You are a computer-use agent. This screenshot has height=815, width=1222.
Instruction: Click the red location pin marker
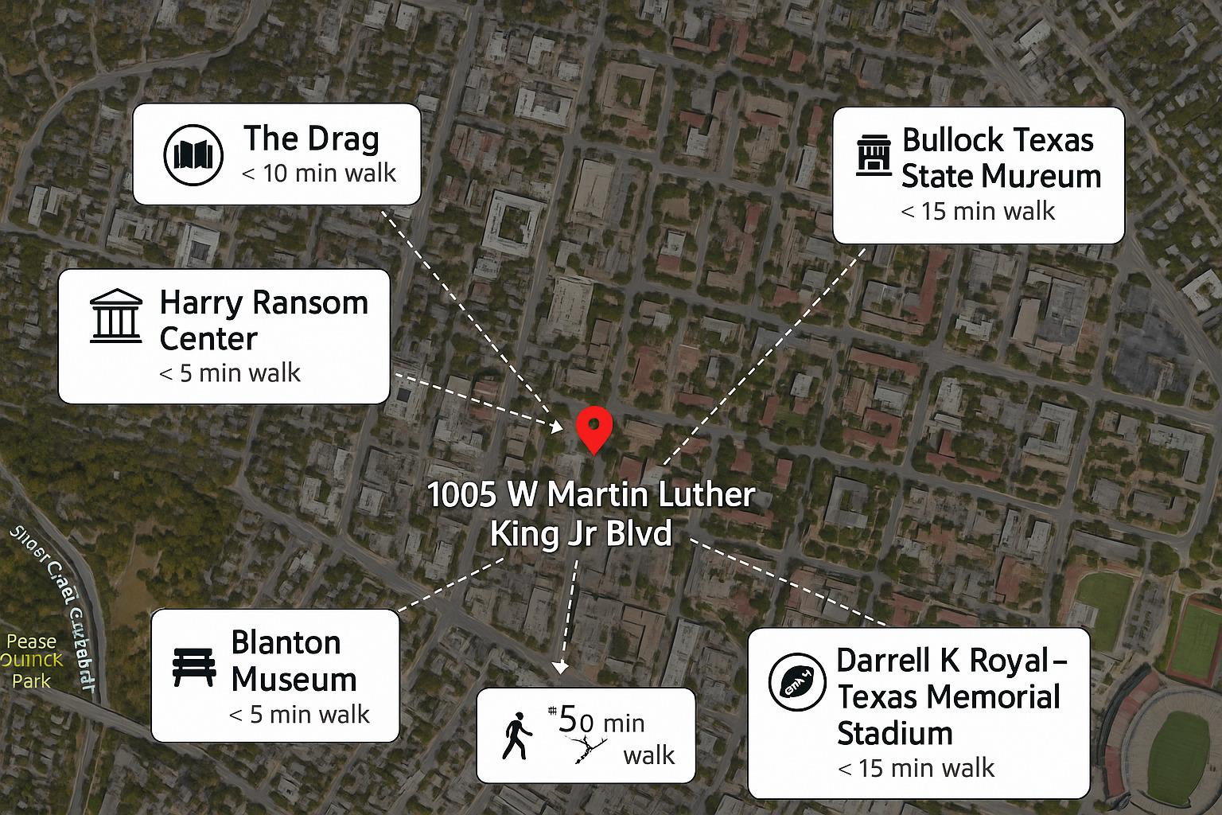593,428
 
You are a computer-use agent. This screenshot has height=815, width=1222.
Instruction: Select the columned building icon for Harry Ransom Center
116,316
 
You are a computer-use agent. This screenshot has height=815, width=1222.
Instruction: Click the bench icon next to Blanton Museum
194,667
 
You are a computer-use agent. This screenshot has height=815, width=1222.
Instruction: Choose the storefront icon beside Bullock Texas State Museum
874,155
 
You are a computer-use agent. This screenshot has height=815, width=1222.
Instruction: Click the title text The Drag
311,138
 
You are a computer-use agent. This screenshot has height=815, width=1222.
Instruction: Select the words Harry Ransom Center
263,320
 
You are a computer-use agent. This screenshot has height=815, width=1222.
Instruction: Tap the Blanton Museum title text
293,661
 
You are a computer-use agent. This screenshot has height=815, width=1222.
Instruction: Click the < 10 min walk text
318,173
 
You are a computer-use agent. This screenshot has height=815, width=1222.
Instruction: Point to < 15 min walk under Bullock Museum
978,211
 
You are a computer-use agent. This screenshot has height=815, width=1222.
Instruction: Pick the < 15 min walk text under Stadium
916,768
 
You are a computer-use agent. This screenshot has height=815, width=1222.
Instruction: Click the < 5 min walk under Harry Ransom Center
230,372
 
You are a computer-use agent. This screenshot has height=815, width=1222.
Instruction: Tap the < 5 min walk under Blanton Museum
299,714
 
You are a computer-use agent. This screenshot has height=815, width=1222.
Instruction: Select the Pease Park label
31,661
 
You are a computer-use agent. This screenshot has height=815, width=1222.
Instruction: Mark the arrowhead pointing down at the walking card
561,667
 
